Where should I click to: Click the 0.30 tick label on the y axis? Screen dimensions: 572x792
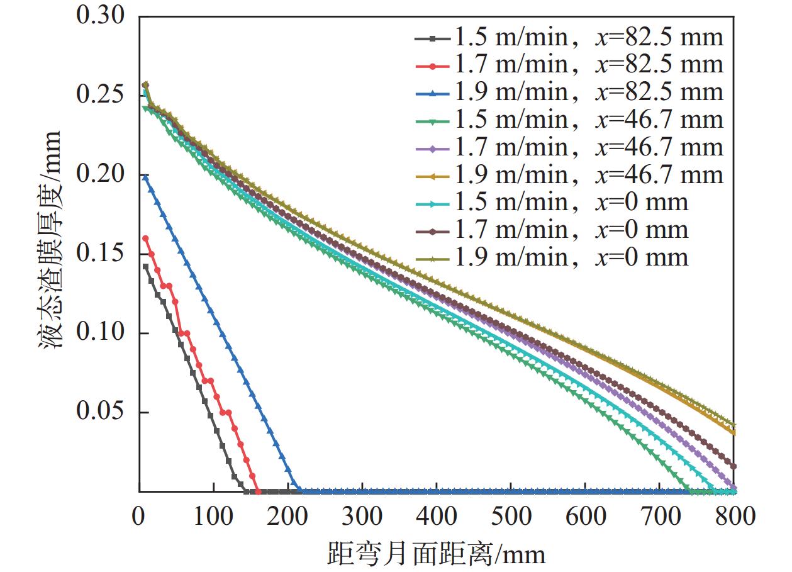point(101,16)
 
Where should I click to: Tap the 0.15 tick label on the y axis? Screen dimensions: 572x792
point(101,254)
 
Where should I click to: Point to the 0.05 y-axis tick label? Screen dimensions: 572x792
point(101,413)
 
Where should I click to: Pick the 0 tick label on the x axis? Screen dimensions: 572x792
point(140,517)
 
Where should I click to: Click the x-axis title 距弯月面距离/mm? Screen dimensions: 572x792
point(436,554)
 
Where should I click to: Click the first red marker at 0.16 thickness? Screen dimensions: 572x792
point(145,238)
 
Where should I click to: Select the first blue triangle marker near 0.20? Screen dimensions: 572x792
point(145,178)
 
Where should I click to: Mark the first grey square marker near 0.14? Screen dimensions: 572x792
point(145,266)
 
